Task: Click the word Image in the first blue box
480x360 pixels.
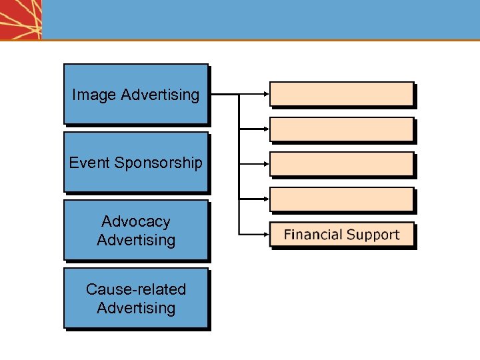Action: [94, 95]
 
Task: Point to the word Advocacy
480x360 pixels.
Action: [136, 221]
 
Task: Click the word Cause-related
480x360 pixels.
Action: [136, 289]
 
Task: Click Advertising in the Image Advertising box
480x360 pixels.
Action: [160, 95]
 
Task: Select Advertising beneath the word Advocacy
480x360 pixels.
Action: [136, 240]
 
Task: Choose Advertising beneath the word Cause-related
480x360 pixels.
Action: [136, 308]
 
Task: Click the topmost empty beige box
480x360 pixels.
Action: [341, 94]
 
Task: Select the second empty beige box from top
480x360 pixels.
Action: [341, 129]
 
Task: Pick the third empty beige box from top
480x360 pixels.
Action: [341, 164]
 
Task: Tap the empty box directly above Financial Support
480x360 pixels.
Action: [341, 199]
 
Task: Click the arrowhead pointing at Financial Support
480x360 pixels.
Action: [265, 234]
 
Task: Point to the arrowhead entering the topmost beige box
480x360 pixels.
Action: [265, 94]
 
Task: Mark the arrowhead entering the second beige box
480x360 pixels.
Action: [265, 129]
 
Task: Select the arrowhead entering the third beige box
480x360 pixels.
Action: [265, 164]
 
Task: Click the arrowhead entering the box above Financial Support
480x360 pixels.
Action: [265, 199]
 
